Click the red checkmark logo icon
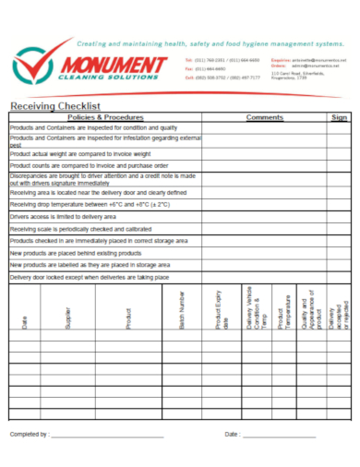pyautogui.click(x=33, y=66)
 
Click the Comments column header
pyautogui.click(x=264, y=118)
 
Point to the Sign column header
pyautogui.click(x=339, y=118)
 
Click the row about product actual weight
pyautogui.click(x=79, y=153)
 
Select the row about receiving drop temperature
pyautogui.click(x=90, y=204)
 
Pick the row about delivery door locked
pyautogui.click(x=90, y=276)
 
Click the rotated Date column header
pyautogui.click(x=25, y=323)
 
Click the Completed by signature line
pyautogui.click(x=107, y=434)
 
